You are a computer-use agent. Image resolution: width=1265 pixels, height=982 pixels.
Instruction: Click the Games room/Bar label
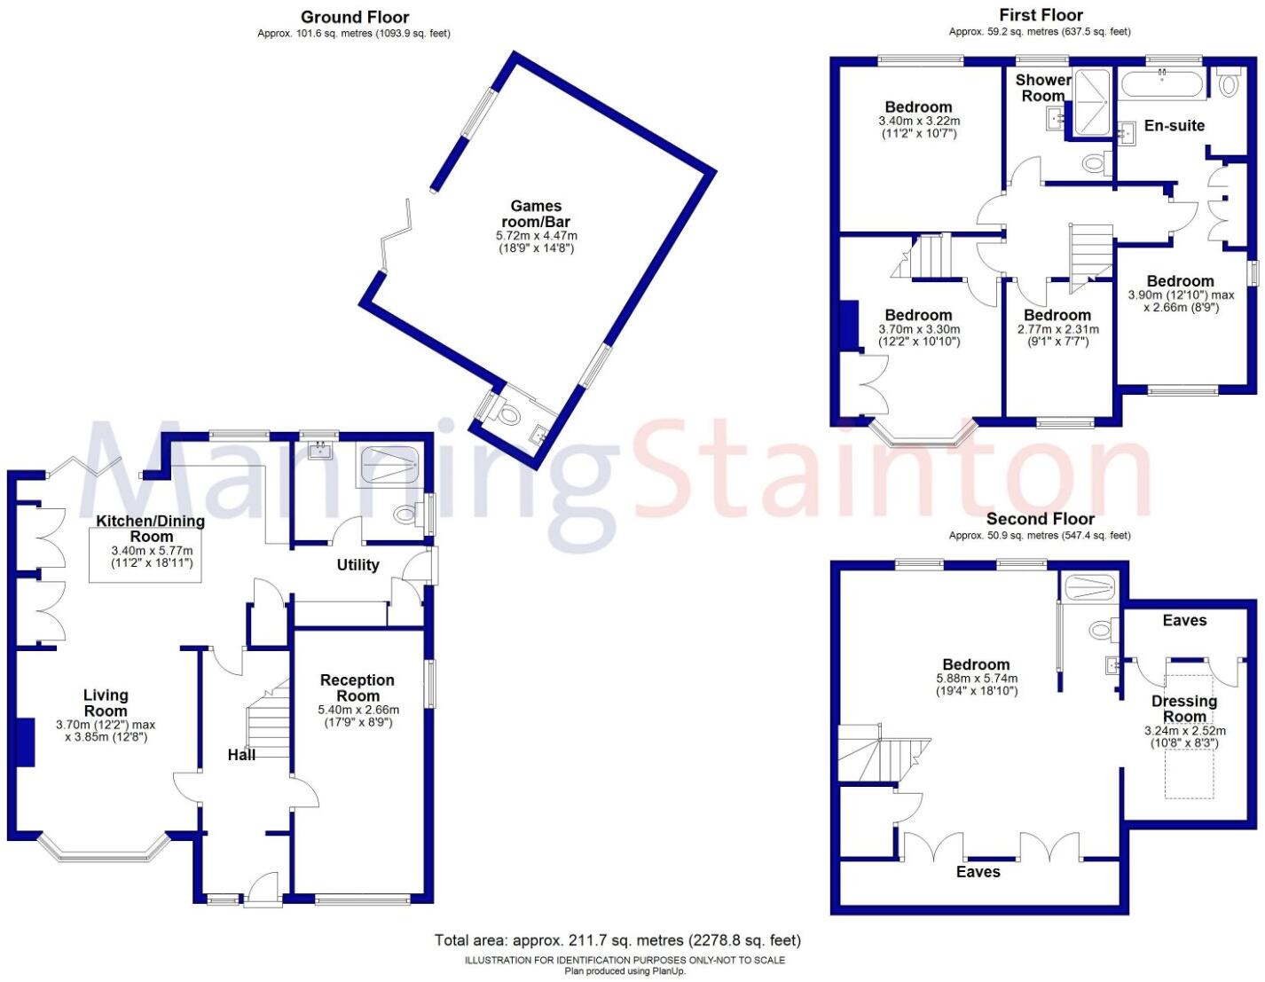pyautogui.click(x=536, y=214)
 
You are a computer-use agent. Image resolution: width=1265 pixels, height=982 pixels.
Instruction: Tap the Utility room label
pyautogui.click(x=357, y=565)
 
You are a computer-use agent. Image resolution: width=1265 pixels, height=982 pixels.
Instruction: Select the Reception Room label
pyautogui.click(x=357, y=687)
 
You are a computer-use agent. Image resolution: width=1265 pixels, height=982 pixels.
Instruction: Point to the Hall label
pyautogui.click(x=241, y=755)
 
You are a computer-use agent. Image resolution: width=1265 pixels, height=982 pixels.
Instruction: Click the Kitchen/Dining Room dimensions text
pyautogui.click(x=152, y=557)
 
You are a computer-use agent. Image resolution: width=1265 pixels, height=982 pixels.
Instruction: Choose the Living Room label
pyautogui.click(x=106, y=703)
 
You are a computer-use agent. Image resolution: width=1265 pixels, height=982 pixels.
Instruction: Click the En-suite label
pyautogui.click(x=1174, y=126)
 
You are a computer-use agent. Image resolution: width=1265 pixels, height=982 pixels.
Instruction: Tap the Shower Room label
pyautogui.click(x=1043, y=88)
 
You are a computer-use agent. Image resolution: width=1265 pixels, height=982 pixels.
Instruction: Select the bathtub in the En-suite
pyautogui.click(x=1162, y=86)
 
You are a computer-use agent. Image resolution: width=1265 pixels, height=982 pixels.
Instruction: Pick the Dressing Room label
pyautogui.click(x=1184, y=709)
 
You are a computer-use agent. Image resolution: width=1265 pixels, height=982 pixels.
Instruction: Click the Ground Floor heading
pyautogui.click(x=355, y=17)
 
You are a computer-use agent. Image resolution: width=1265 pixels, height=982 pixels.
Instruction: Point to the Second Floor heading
pyautogui.click(x=1041, y=519)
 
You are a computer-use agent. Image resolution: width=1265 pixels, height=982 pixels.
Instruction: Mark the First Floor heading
pyautogui.click(x=1041, y=15)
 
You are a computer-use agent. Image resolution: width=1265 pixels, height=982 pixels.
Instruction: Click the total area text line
pyautogui.click(x=617, y=940)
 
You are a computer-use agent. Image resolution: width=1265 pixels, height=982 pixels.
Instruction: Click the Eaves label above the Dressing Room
pyautogui.click(x=1184, y=621)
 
